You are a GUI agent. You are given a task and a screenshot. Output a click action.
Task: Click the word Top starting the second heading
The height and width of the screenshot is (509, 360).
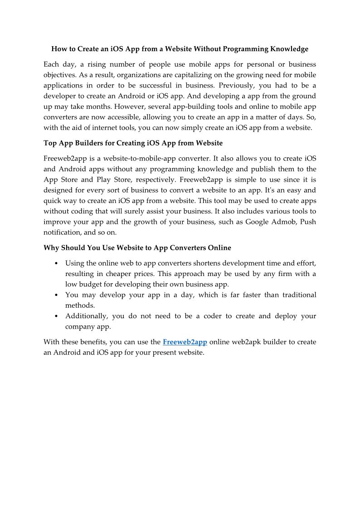(50, 143)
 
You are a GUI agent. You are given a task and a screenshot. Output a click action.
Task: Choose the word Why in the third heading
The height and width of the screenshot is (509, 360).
(51, 248)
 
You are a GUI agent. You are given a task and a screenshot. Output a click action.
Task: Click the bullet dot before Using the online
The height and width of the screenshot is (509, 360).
(55, 263)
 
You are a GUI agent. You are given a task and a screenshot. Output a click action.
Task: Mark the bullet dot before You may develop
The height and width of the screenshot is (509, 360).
(55, 295)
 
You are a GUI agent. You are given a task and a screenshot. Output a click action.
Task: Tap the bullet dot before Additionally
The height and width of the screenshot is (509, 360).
(55, 316)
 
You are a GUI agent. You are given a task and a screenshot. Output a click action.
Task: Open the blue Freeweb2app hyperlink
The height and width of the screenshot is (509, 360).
(185, 342)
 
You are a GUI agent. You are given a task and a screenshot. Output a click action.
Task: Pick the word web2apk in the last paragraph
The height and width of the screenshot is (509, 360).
(249, 342)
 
